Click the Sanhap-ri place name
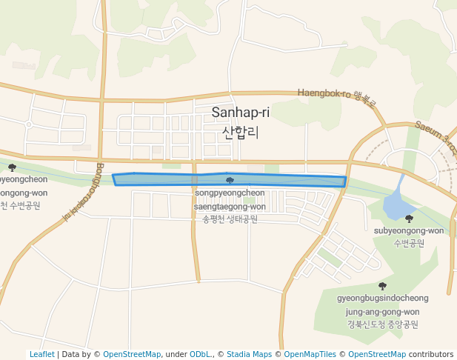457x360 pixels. pyautogui.click(x=241, y=113)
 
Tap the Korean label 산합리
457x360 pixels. pyautogui.click(x=241, y=133)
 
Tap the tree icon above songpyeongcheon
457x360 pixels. pyautogui.click(x=230, y=180)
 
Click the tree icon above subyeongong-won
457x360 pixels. pyautogui.click(x=409, y=219)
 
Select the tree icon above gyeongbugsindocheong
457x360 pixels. pyautogui.click(x=382, y=286)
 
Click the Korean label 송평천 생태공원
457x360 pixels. pyautogui.click(x=230, y=219)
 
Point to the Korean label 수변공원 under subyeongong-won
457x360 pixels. pyautogui.click(x=409, y=242)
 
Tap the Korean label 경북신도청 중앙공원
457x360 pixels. pyautogui.click(x=382, y=324)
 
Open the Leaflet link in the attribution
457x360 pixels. pyautogui.click(x=42, y=354)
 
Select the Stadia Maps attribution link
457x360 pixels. pyautogui.click(x=249, y=354)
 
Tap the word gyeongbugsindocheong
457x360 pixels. pyautogui.click(x=382, y=299)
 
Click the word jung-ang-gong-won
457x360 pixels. pyautogui.click(x=382, y=312)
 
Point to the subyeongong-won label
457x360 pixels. pyautogui.click(x=409, y=230)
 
